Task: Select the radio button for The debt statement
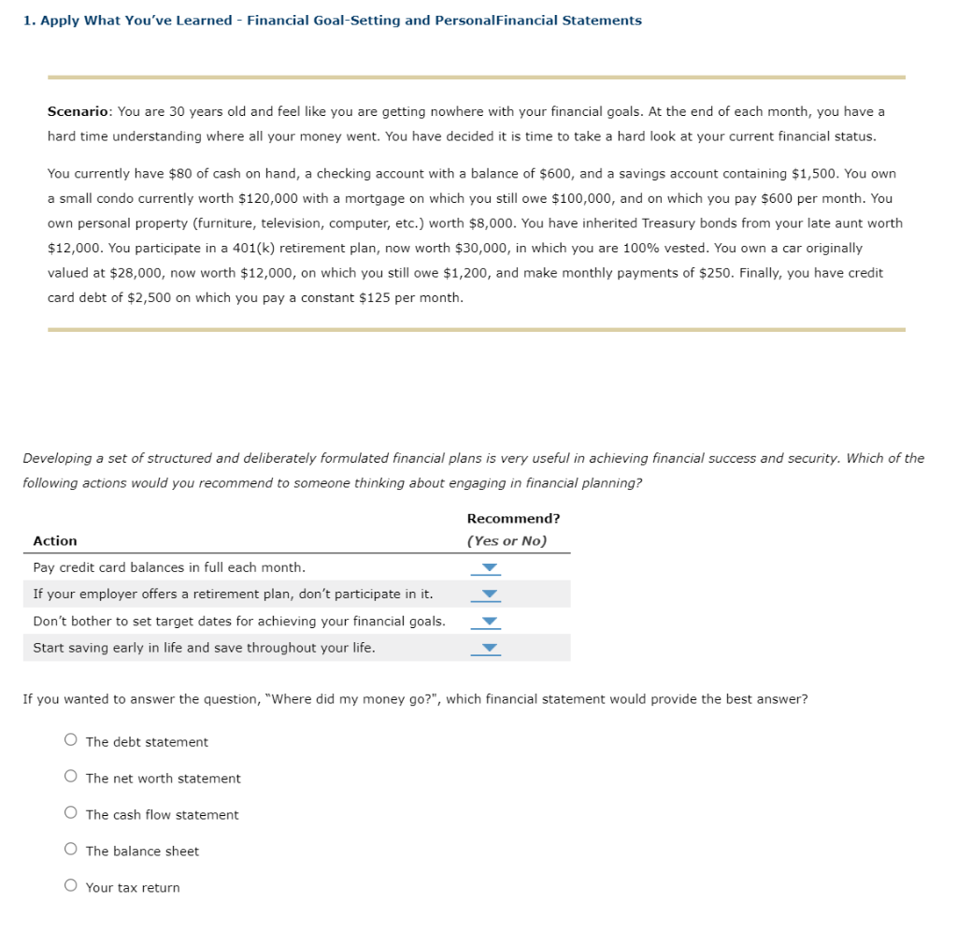71,741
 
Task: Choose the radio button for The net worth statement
71,778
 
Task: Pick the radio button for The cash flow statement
71,814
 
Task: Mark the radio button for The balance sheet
71,851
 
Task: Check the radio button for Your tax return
71,887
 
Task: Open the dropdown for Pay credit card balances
485,568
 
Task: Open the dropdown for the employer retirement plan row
485,594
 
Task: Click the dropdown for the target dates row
485,622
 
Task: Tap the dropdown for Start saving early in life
485,648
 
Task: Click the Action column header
55,541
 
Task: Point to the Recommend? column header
513,519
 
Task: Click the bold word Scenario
79,111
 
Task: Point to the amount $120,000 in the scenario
270,198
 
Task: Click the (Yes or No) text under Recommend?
507,541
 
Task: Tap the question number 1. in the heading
29,21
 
